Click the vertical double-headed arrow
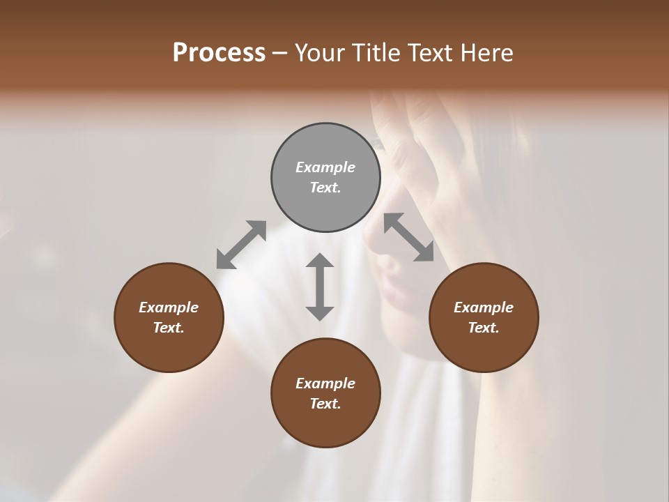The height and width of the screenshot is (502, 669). [320, 287]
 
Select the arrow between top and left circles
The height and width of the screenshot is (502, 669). [241, 245]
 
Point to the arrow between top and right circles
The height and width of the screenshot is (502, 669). [408, 237]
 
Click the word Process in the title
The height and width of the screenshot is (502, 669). [219, 53]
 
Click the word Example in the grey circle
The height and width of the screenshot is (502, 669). [325, 167]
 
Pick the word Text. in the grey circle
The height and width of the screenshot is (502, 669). [325, 188]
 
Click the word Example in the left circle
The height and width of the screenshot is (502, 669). [169, 307]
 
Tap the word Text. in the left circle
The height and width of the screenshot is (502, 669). [169, 328]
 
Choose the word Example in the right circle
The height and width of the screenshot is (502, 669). [484, 307]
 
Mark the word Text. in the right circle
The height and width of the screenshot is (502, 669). [484, 328]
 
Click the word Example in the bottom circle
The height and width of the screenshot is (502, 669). [325, 383]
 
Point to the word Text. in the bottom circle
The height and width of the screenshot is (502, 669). [325, 404]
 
